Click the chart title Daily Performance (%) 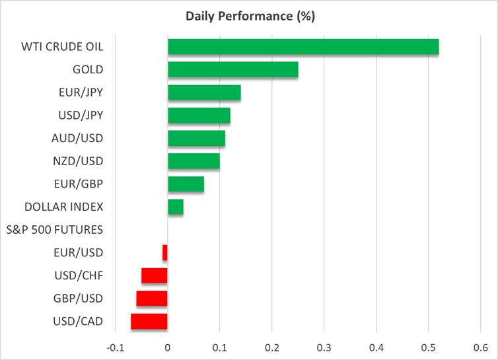click(248, 15)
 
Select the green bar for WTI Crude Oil click(303, 47)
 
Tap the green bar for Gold click(232, 69)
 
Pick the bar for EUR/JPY click(204, 92)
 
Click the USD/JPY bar click(199, 116)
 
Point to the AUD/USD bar click(196, 138)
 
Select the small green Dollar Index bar click(176, 207)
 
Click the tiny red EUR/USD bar click(165, 252)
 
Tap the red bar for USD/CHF click(155, 275)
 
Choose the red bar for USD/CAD click(149, 321)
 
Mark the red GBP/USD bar click(152, 299)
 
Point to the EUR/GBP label click(77, 184)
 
